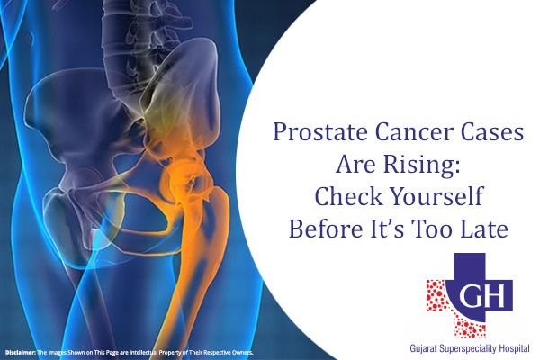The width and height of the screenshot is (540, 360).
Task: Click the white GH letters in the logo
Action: point(464,296)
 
